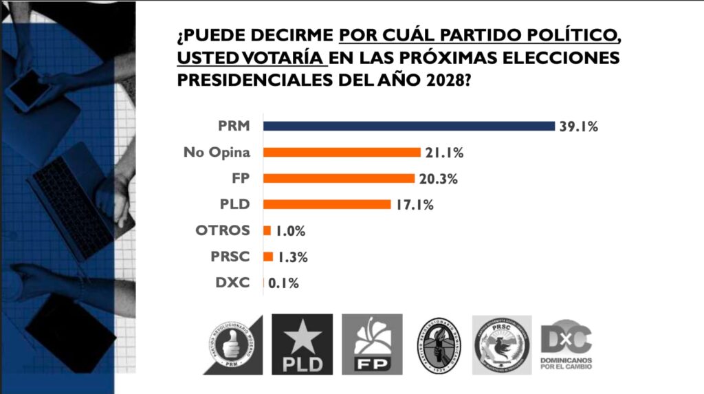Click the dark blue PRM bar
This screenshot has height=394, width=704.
click(409, 126)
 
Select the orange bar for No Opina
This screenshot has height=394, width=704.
click(342, 153)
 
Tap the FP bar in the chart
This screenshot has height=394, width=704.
click(339, 178)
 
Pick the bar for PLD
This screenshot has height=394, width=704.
click(327, 204)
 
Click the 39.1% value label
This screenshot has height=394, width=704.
click(579, 127)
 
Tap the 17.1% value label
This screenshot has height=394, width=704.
click(414, 205)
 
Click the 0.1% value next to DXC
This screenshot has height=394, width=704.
click(283, 283)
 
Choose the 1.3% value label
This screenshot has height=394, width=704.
click(291, 257)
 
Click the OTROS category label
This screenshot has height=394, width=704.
click(223, 230)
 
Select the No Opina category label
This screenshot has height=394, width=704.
click(217, 153)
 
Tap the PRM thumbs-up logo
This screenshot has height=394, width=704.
click(233, 344)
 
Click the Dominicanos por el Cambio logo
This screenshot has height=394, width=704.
click(566, 344)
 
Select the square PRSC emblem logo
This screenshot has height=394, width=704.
click(502, 344)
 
